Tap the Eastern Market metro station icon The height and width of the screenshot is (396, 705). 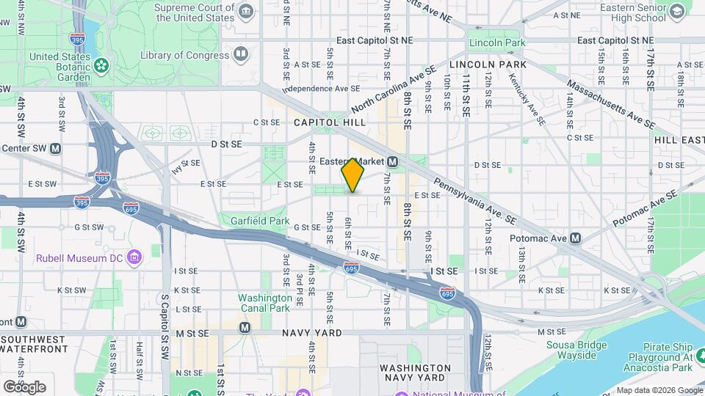click(x=393, y=161)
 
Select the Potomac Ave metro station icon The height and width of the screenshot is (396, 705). click(x=576, y=238)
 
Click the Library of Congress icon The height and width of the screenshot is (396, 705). click(x=240, y=54)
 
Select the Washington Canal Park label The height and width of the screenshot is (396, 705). click(x=264, y=304)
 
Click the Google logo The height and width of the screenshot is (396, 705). click(x=24, y=386)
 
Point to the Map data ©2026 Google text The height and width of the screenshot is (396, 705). click(x=659, y=390)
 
